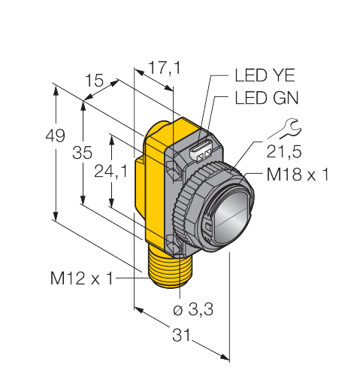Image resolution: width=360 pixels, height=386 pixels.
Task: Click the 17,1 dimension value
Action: [x=165, y=68]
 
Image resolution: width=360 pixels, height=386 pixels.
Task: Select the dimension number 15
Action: [x=94, y=81]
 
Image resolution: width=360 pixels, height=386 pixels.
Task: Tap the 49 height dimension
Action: [x=55, y=135]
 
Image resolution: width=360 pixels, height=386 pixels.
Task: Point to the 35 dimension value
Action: [x=82, y=153]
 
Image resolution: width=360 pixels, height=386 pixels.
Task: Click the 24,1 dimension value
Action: [x=111, y=172]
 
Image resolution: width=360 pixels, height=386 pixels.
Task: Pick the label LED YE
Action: [x=265, y=75]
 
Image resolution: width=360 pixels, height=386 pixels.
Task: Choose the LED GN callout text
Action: [x=267, y=98]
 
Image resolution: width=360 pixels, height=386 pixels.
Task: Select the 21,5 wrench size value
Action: [x=284, y=152]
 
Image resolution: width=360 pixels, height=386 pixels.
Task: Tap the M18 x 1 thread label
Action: [x=298, y=175]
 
